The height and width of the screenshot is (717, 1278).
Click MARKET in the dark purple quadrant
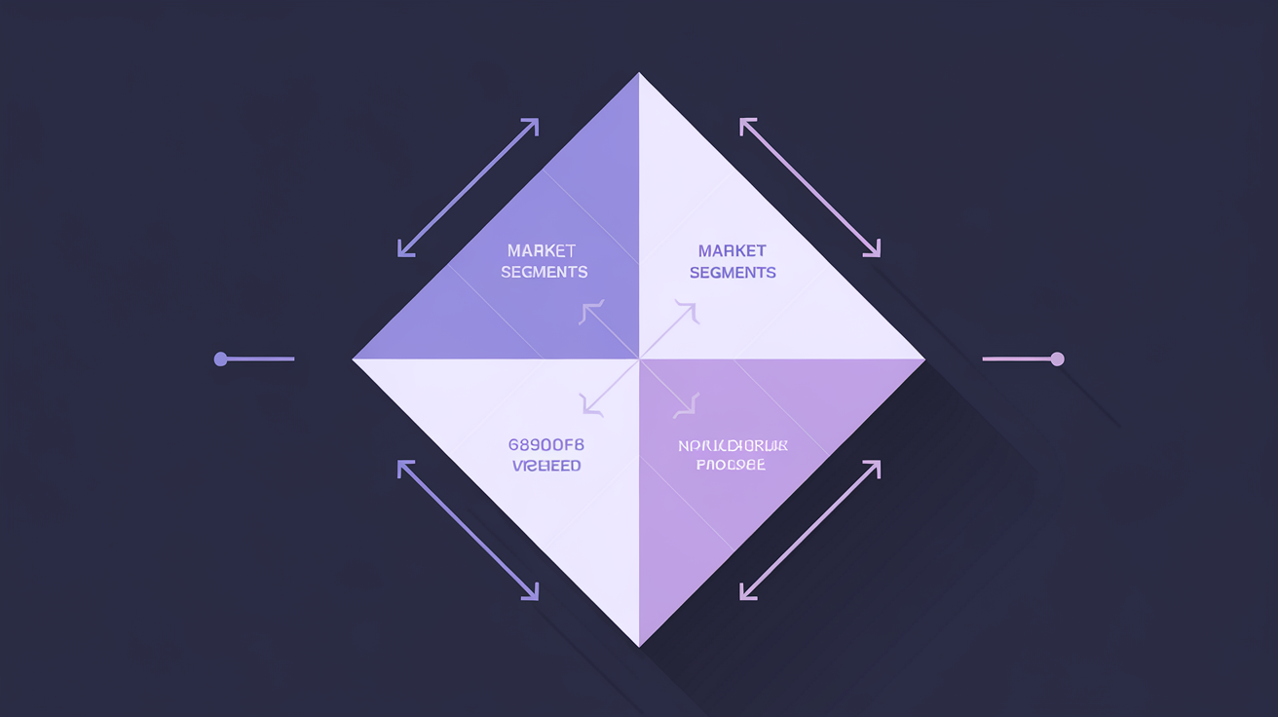[x=543, y=251]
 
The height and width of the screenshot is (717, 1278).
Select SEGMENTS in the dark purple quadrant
[x=544, y=273]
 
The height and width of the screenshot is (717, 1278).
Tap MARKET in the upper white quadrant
[x=733, y=251]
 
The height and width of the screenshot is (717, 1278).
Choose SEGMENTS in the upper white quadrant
[x=733, y=273]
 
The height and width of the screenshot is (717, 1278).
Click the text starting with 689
[x=546, y=444]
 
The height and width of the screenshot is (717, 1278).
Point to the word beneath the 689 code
[x=546, y=466]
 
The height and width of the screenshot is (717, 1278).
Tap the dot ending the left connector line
[x=220, y=359]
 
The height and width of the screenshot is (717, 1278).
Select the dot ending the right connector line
[x=1058, y=359]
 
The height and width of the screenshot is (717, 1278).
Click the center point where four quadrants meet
[x=639, y=359]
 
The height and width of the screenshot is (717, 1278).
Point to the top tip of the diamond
[x=639, y=75]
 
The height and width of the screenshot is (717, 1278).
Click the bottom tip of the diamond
[x=639, y=644]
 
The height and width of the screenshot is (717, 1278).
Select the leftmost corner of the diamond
[x=355, y=359]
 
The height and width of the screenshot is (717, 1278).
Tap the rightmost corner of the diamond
[x=923, y=359]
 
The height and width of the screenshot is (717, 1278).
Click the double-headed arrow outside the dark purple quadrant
[x=469, y=188]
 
